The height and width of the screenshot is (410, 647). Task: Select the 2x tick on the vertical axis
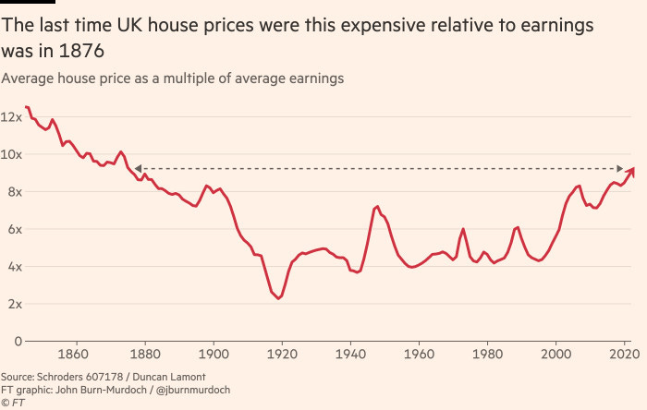(x=9, y=304)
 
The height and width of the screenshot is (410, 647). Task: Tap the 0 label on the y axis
(x=6, y=341)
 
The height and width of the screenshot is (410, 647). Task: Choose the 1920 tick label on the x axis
(x=281, y=355)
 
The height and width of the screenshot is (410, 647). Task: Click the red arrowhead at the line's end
(x=631, y=171)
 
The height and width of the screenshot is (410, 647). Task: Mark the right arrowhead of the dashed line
(x=620, y=168)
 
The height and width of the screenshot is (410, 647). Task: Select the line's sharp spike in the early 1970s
(x=463, y=229)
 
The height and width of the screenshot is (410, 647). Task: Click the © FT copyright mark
(x=12, y=402)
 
